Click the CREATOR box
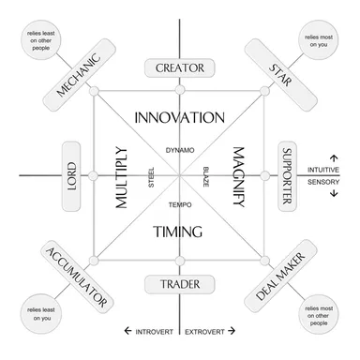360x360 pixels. tap(180, 67)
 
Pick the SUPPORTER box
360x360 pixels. tap(288, 175)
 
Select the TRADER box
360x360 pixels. tap(180, 284)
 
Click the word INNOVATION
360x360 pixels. tap(180, 118)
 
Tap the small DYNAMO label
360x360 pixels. tap(180, 150)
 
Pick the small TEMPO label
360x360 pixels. tap(180, 203)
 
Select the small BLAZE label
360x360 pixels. tap(205, 176)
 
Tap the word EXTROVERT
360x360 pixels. tap(202, 331)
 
